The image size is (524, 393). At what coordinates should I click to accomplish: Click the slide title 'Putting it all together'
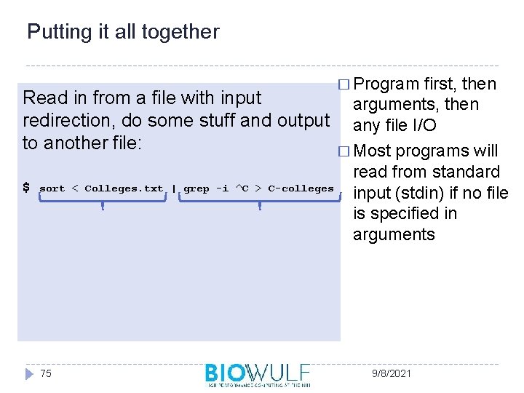click(122, 32)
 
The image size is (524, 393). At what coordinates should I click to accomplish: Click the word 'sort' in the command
click(52, 188)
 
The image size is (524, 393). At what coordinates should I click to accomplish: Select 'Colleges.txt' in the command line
click(124, 188)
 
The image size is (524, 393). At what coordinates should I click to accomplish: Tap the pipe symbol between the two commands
click(174, 188)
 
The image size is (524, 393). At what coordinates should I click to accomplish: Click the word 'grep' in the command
click(196, 188)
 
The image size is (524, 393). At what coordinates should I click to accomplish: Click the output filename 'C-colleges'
click(301, 188)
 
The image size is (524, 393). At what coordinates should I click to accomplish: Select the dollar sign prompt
click(27, 188)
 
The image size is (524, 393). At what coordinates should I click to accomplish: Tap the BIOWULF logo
click(258, 374)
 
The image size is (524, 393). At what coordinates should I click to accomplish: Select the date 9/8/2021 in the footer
click(391, 373)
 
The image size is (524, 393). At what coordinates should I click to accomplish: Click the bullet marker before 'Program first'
click(344, 84)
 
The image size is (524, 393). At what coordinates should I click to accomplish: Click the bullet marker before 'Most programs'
click(344, 151)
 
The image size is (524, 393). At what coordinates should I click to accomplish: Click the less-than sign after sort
click(75, 188)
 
